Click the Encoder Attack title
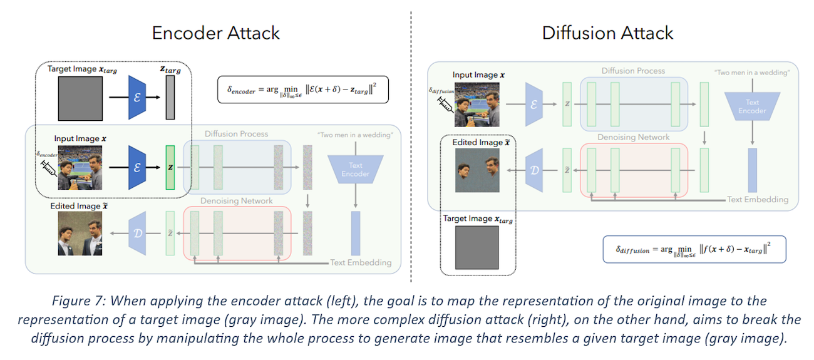215,33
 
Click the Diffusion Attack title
608,33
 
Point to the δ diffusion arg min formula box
694,250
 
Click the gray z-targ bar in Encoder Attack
170,97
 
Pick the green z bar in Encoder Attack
170,167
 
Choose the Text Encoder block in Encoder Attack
355,170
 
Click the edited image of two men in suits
80,234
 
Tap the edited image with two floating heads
477,170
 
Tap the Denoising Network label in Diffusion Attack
634,137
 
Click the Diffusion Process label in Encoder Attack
236,134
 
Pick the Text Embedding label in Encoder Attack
361,262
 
